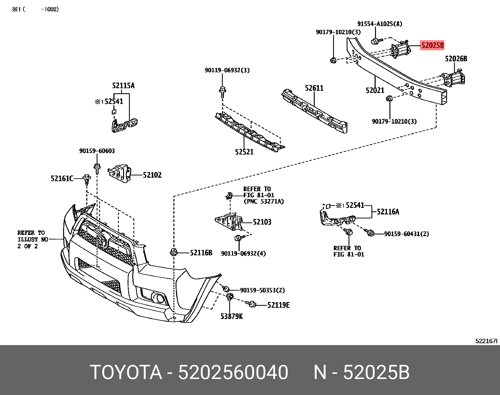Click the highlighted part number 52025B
click(432, 46)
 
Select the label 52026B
click(456, 59)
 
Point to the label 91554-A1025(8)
click(379, 24)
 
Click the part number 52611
click(314, 88)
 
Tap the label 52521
click(244, 152)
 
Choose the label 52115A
click(123, 86)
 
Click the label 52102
click(152, 175)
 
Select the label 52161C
click(62, 179)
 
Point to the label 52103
click(262, 222)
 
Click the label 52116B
click(201, 253)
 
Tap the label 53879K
click(231, 317)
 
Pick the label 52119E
click(278, 305)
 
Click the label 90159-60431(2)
click(406, 234)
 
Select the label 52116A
click(388, 212)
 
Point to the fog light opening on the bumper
click(157, 297)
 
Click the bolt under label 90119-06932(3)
click(222, 91)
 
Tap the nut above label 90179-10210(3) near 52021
click(389, 99)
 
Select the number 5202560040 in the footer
click(233, 372)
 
